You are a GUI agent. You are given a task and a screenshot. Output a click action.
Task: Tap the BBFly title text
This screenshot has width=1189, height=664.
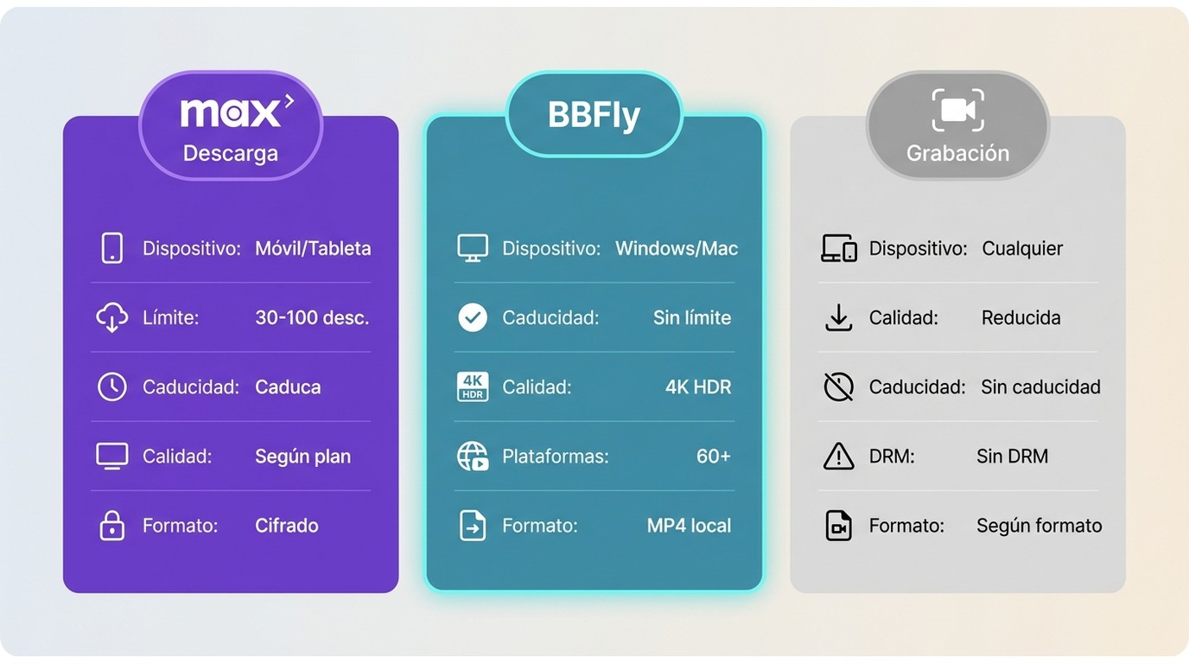[x=594, y=115]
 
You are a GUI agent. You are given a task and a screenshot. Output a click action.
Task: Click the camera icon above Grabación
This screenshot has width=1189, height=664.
[x=957, y=110]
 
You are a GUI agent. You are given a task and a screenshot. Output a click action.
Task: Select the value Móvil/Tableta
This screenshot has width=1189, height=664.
[x=313, y=249]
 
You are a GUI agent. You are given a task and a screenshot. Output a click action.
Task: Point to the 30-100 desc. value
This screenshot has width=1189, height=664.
[x=312, y=317]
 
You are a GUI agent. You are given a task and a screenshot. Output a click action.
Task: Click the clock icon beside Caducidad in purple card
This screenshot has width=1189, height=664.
[x=112, y=386]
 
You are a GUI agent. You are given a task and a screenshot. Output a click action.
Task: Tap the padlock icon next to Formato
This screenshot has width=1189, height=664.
[x=112, y=526]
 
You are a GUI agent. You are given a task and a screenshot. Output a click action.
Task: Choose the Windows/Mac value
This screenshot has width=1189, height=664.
[x=677, y=249]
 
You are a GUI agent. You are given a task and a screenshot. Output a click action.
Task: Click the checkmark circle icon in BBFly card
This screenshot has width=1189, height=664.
[x=473, y=317]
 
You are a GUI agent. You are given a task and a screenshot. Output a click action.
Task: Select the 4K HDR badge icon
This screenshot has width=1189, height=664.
[x=473, y=386]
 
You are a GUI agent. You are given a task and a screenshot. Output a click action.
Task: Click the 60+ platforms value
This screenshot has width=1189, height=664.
[x=714, y=456]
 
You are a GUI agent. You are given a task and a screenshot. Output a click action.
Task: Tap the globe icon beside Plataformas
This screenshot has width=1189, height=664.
[x=473, y=456]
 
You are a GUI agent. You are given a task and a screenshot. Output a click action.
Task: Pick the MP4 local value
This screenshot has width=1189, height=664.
[x=689, y=526]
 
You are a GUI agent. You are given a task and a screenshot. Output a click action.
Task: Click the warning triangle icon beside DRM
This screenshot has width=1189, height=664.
[x=839, y=456]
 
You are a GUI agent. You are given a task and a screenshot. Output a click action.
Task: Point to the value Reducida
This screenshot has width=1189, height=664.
[x=1021, y=317]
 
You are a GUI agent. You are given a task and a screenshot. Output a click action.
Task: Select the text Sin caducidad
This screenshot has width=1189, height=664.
[x=1040, y=386]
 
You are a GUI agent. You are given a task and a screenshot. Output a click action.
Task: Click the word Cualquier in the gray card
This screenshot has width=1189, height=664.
[x=1022, y=249]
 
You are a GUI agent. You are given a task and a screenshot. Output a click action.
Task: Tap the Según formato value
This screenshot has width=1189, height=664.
[x=1040, y=526]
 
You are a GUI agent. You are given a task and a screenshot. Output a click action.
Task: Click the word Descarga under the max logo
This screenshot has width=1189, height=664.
[x=231, y=154]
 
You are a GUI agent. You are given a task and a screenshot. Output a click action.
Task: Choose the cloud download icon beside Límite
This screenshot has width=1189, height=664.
[x=112, y=317]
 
